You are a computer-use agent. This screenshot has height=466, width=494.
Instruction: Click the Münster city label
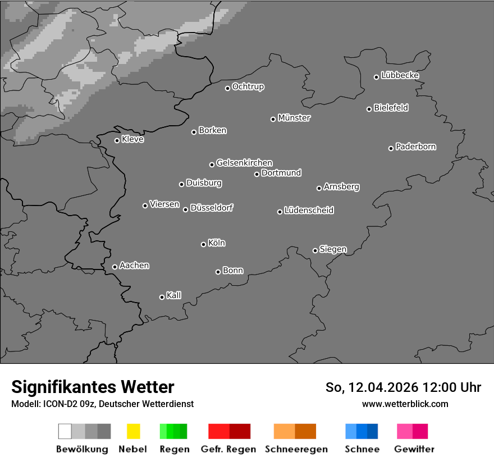coord(294,118)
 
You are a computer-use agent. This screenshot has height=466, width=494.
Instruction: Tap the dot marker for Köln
coord(203,244)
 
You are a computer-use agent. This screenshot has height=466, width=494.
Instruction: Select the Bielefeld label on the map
coord(391,108)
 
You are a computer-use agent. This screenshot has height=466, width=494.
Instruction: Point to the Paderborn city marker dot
coord(391,148)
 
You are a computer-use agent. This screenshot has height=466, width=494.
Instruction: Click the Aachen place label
coord(134,266)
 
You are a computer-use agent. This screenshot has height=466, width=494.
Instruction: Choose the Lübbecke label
coord(400,75)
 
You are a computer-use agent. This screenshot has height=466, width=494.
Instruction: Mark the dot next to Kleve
coord(117,140)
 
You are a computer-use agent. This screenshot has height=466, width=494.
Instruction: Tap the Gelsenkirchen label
coord(244,163)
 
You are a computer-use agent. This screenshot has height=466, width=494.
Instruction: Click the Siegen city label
coord(333,249)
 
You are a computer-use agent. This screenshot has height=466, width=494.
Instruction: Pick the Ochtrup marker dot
coord(227,88)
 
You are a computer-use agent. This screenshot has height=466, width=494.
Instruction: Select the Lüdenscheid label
coord(309,211)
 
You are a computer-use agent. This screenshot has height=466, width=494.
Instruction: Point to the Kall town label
coord(174,295)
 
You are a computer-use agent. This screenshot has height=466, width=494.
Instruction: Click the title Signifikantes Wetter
coord(93,387)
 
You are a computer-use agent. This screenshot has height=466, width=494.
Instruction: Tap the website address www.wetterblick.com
coord(405,404)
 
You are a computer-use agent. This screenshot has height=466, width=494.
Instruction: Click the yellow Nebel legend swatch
coord(133,431)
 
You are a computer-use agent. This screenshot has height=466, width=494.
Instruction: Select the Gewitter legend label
coord(414,449)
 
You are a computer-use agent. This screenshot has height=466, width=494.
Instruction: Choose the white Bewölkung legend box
coord(65,431)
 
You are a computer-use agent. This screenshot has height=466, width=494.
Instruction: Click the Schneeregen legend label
coord(296,449)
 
